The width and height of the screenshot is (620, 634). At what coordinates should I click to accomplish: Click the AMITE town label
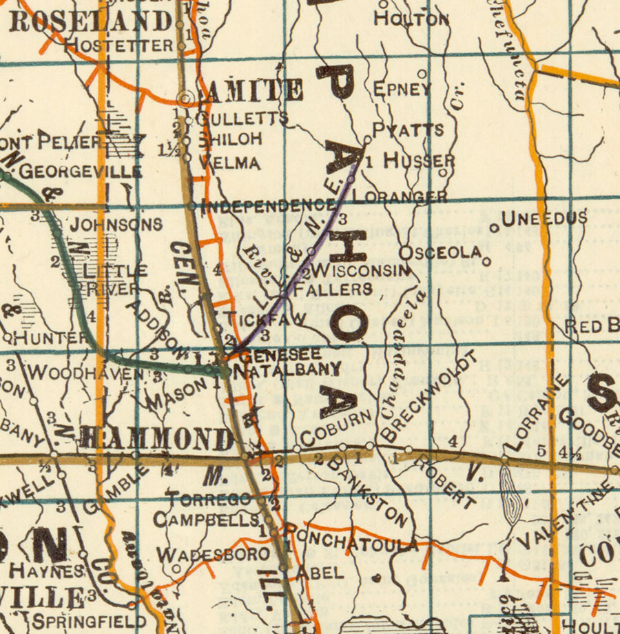coord(251,91)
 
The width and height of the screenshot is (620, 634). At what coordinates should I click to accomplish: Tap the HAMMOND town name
coord(157,438)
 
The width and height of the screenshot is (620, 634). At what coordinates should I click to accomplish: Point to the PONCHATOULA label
coord(350,539)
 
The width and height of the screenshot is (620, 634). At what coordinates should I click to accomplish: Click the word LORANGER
coord(400,198)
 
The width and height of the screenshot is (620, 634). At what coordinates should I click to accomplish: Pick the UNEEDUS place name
coord(544,219)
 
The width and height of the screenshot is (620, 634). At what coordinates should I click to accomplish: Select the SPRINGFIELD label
coord(89,620)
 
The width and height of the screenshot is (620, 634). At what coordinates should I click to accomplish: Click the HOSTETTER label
coord(118,46)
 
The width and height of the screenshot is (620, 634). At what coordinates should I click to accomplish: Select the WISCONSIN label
coord(361,270)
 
